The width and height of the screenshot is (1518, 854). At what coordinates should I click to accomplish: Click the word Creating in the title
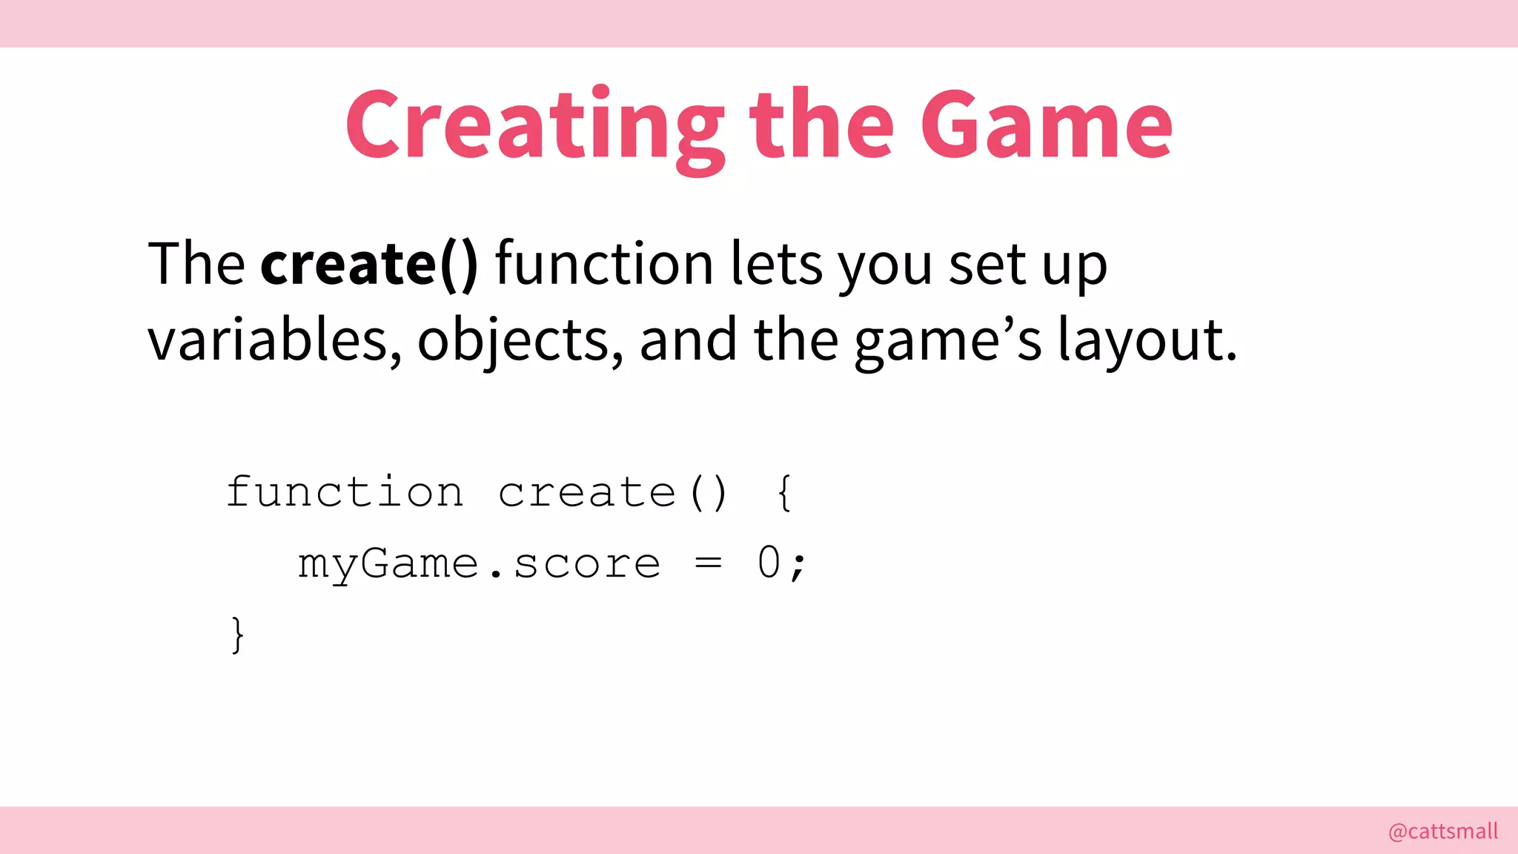coord(534,126)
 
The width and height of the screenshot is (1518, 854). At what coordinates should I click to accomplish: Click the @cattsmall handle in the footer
coord(1442,831)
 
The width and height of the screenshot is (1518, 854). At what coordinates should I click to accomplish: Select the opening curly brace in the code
coord(784,492)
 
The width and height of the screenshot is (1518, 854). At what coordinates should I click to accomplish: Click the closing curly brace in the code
coord(237,635)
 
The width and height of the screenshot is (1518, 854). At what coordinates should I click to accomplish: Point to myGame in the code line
coord(388,564)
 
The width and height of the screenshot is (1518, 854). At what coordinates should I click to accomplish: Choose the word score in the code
coord(586,564)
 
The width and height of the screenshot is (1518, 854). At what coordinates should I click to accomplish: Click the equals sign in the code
coord(708,563)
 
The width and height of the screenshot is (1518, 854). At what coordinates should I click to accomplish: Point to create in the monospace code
coord(586,492)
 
